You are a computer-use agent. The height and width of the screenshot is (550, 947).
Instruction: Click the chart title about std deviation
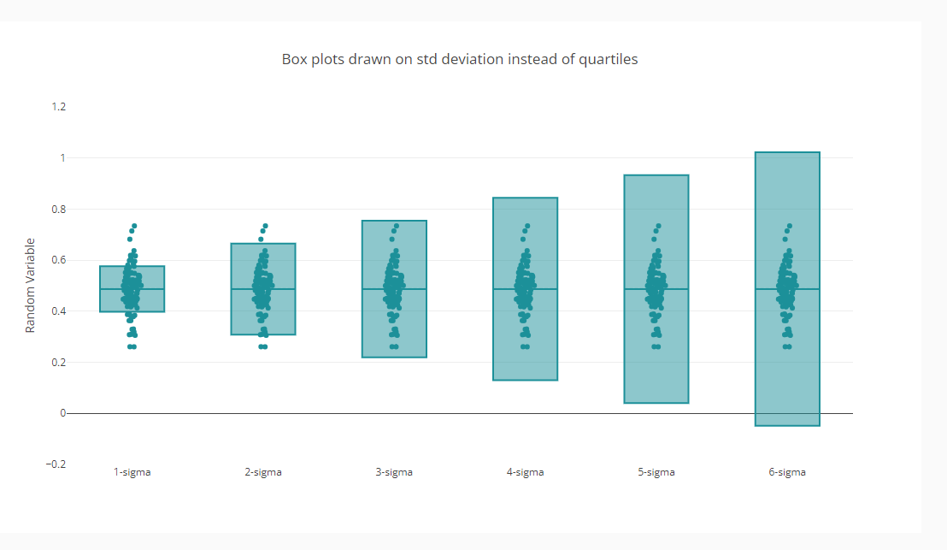coord(460,60)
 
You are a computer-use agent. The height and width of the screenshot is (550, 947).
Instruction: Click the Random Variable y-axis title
coord(30,285)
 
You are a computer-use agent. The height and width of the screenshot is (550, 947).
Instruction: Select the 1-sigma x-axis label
coord(132,472)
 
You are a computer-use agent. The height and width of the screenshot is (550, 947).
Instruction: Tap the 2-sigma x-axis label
coord(263,472)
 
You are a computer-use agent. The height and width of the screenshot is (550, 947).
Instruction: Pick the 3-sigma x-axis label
coord(394,472)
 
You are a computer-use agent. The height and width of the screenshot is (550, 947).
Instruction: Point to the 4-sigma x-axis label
coord(525,472)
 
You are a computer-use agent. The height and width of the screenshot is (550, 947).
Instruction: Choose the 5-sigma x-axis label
coord(656,472)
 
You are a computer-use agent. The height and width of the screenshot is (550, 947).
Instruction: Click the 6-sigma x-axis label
coord(787,472)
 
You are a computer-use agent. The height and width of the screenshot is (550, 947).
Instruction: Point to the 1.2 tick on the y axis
coord(59,107)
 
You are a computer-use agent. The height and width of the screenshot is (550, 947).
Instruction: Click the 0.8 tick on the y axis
coord(59,209)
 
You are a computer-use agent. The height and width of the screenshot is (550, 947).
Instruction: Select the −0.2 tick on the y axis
coord(56,464)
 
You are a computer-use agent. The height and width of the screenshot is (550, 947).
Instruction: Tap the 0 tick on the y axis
coord(62,413)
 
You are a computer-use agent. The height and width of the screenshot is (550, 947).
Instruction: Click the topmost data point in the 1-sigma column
coord(134,226)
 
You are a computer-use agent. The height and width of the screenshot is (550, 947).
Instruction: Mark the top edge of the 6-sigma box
coord(787,152)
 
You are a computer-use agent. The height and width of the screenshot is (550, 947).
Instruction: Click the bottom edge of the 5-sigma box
coord(656,403)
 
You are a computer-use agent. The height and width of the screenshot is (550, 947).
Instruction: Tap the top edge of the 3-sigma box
coord(394,221)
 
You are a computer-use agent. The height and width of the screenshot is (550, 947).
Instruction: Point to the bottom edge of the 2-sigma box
coord(263,334)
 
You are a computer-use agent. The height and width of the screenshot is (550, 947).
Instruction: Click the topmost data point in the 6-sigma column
coord(790,226)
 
